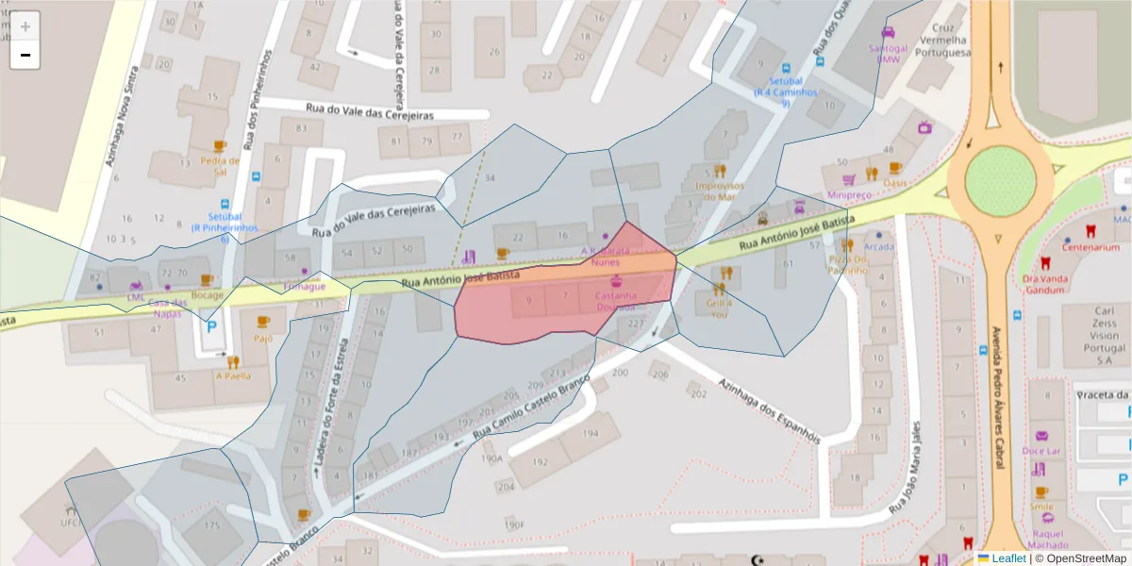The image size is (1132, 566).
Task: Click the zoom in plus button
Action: coord(25,26)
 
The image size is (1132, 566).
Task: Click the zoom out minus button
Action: coord(25,56)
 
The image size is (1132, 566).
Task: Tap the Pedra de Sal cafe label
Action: coord(220,166)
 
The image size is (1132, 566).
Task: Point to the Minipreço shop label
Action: coord(848,194)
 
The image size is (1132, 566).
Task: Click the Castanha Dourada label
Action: coord(615,300)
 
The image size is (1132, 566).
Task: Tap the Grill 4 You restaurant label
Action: coord(719,308)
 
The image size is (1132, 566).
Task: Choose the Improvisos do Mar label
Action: coord(720,191)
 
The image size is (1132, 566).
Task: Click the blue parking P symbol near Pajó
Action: coord(211,325)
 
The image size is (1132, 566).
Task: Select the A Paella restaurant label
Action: coord(233,375)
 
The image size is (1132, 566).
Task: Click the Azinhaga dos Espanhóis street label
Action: coord(769,410)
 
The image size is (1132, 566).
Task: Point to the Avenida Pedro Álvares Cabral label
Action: coord(996,396)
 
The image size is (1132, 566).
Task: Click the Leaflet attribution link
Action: coord(1008,558)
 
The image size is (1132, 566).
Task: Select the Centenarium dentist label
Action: coord(1090,247)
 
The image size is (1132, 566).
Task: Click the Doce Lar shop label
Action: coord(1041,451)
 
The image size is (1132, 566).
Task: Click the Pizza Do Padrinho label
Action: coord(847,264)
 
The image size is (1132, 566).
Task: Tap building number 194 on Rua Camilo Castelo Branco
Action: coord(590,433)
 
